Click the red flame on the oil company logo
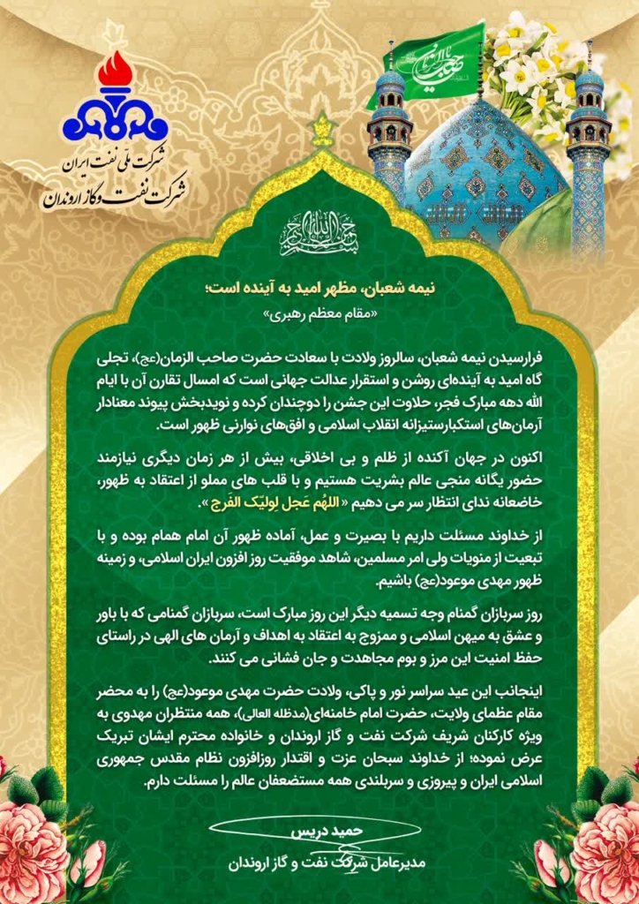(115, 72)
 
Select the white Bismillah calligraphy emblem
(319, 232)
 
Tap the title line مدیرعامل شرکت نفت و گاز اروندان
(313, 863)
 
